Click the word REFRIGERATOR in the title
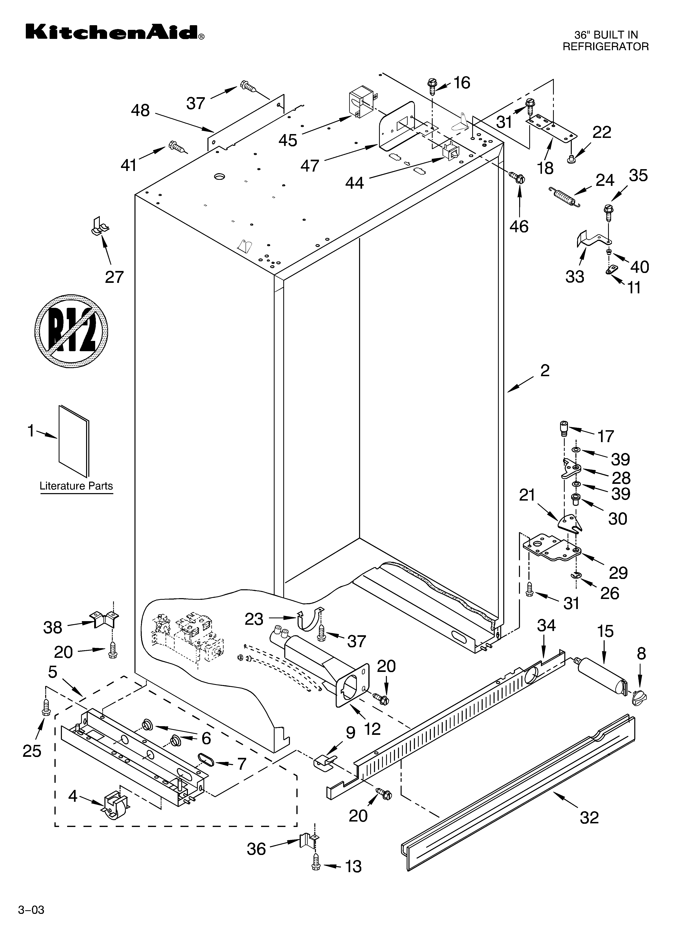(605, 46)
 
